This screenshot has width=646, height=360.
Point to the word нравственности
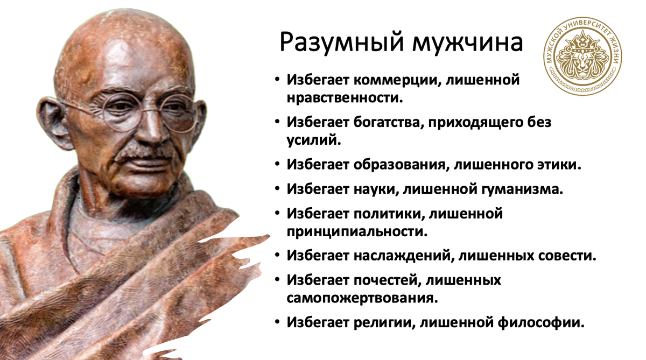[x=344, y=98]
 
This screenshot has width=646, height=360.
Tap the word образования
[x=398, y=165]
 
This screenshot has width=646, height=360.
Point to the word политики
[x=385, y=214]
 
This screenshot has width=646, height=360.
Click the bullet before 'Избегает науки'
[x=277, y=189]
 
